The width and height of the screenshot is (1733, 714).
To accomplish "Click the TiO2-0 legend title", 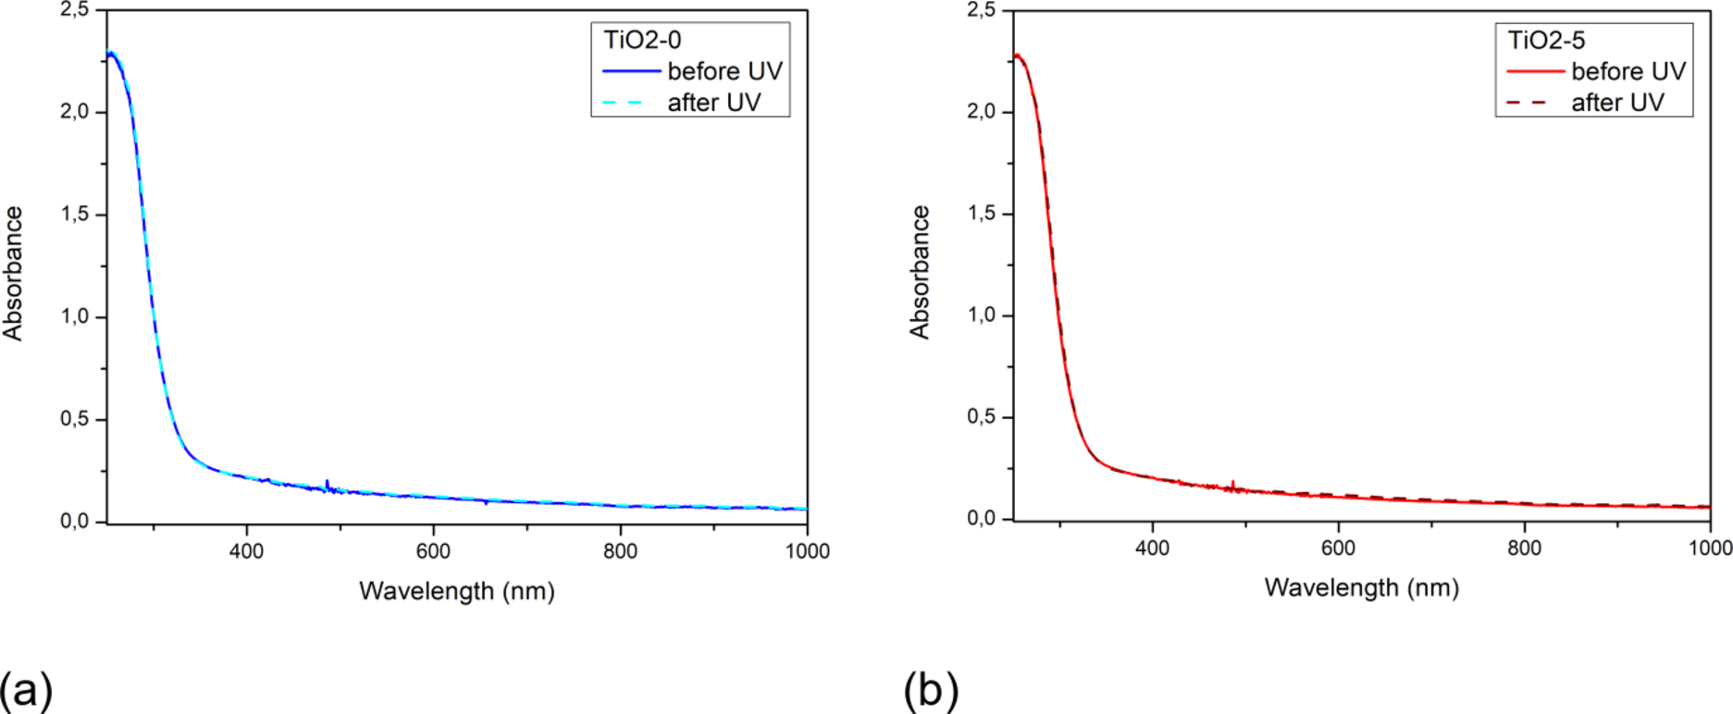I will pos(642,40).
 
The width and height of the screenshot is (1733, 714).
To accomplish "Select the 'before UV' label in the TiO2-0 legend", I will pos(724,71).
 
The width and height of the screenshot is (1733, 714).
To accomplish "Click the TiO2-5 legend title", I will pos(1546,40).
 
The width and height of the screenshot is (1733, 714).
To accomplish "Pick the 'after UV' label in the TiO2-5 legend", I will pos(1617,103).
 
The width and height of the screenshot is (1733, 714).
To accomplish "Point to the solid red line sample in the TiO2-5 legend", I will pos(1535,71).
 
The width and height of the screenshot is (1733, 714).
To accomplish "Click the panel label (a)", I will pos(26,690).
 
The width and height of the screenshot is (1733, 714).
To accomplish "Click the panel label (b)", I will pos(931,690).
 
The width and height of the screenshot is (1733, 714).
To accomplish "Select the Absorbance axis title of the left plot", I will pos(13,274).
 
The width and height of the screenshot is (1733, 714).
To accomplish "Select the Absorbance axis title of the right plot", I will pos(919,272).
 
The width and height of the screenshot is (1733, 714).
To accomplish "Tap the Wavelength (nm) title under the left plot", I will pos(457,591).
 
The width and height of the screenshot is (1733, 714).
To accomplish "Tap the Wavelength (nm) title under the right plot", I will pos(1361,587).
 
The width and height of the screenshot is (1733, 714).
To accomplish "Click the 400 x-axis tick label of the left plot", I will pos(246,551).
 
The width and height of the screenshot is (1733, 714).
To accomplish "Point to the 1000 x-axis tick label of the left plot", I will pos(807,551).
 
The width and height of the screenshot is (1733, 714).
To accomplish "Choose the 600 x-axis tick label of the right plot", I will pos(1338,548).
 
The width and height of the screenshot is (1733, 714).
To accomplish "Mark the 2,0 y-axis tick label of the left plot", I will pos(74,112).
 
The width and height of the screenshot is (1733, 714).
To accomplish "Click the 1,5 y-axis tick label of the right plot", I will pos(981,214).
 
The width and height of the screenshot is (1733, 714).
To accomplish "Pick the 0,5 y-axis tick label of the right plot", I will pos(981,417).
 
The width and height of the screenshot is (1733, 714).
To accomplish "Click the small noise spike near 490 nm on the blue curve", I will pos(328,483).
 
